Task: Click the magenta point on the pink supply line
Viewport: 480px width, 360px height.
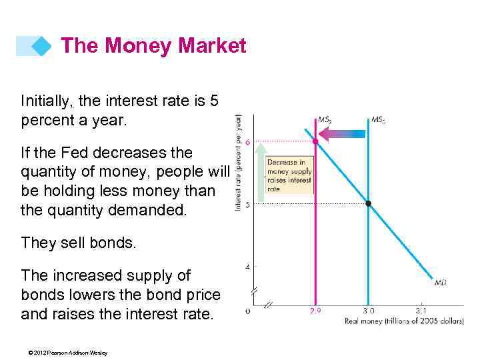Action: coord(315,141)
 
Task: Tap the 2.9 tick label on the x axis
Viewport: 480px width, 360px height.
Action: coord(315,311)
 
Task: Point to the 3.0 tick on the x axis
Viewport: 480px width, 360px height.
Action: coord(368,311)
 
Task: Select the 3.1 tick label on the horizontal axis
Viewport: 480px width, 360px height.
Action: coord(421,311)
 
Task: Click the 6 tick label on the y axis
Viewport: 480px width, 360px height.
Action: coord(248,142)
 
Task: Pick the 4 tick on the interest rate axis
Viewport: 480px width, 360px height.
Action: coord(248,267)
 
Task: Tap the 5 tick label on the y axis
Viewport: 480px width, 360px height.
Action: coord(248,205)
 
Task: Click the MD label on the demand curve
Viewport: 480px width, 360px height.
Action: coord(441,283)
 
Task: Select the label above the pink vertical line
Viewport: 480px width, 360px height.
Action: coord(325,120)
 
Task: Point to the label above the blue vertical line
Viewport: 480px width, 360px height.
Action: coord(378,120)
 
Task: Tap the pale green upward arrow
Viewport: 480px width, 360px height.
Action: coord(261,170)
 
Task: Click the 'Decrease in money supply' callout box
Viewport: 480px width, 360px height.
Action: coord(289,175)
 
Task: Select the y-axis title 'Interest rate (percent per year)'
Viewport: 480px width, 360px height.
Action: coord(238,162)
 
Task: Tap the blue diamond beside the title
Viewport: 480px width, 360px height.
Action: coord(41,46)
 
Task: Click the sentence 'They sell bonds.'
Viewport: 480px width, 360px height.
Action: coord(79,243)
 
